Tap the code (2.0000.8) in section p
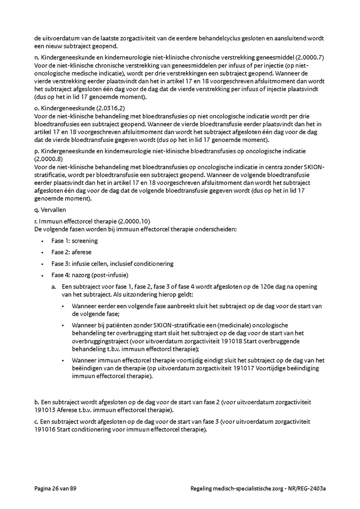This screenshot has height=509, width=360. click(47, 159)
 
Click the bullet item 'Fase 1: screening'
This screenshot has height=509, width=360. click(74, 241)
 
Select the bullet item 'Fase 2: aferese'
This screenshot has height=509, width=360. click(71, 252)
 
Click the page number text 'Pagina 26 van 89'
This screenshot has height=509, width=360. click(55, 489)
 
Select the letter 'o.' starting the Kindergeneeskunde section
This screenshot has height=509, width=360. click(37, 108)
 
